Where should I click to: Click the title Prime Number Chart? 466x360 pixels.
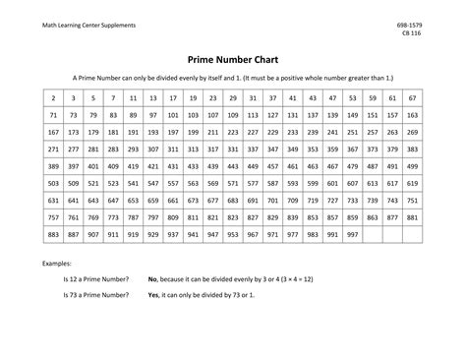pos(233,58)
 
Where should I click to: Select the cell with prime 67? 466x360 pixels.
pos(414,98)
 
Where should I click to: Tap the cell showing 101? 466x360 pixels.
pos(173,116)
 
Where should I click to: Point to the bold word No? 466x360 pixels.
pos(152,279)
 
